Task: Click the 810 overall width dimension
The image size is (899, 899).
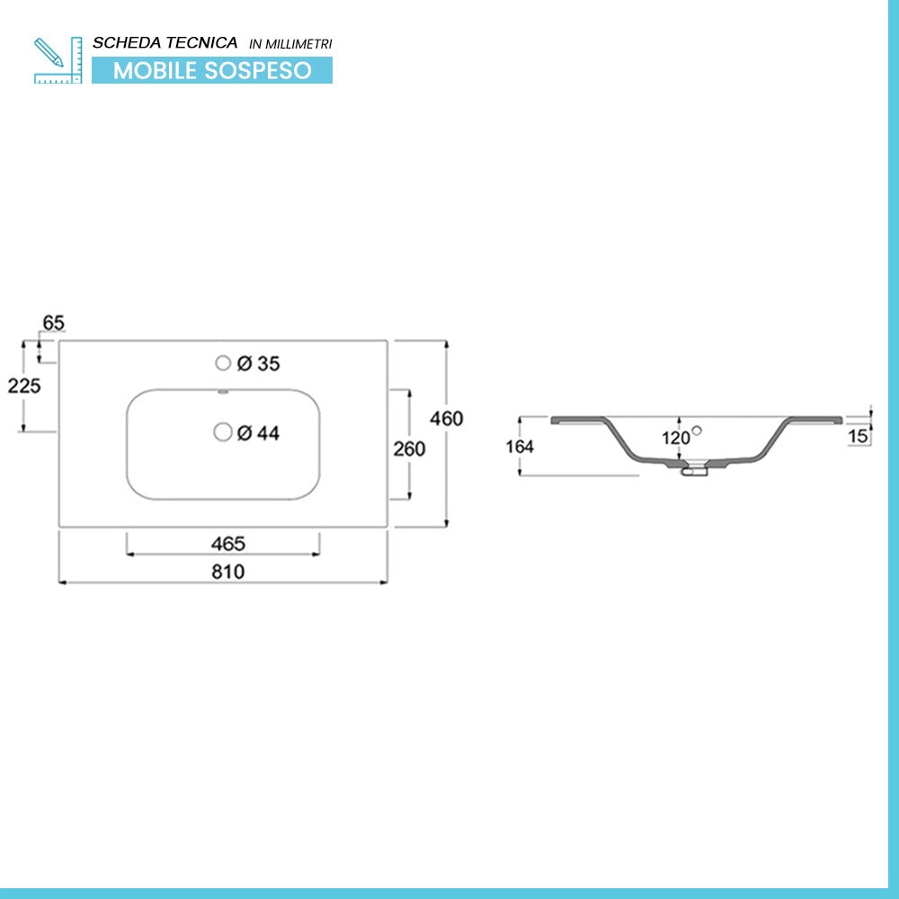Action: click(x=228, y=572)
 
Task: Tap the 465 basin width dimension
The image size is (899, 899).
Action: click(x=228, y=544)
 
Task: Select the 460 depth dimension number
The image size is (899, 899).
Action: click(x=447, y=419)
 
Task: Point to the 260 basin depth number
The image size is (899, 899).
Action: click(x=409, y=449)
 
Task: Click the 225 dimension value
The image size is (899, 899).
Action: click(x=24, y=386)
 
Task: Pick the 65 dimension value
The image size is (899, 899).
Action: click(x=53, y=323)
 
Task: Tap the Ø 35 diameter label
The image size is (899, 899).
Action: click(x=259, y=363)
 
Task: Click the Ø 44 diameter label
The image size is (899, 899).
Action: click(x=259, y=433)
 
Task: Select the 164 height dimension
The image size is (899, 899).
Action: click(x=520, y=447)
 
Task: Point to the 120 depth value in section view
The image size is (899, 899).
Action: click(x=676, y=439)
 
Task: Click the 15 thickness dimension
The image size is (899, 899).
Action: click(x=859, y=436)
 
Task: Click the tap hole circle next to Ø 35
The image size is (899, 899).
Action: click(x=223, y=363)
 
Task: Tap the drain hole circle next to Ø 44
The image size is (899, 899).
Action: click(x=223, y=432)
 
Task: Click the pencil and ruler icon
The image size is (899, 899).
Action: click(x=58, y=60)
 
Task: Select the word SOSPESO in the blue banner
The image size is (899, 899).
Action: click(x=258, y=70)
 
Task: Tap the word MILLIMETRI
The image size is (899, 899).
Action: click(x=298, y=44)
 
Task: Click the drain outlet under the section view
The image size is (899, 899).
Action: click(x=694, y=468)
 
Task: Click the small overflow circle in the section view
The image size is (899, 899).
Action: click(x=697, y=431)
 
